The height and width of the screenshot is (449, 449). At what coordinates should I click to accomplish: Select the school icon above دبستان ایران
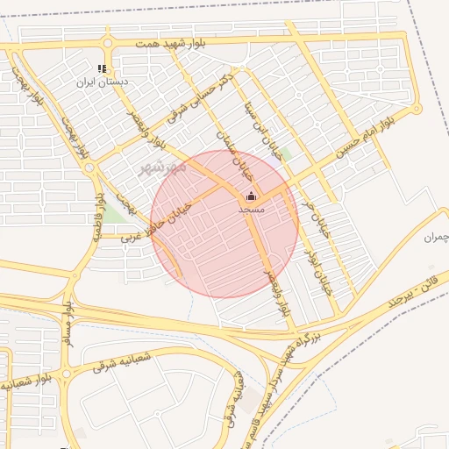(103, 68)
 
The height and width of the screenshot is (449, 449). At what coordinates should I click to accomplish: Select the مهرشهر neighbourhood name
(161, 167)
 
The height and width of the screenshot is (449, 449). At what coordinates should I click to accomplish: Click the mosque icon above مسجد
(251, 197)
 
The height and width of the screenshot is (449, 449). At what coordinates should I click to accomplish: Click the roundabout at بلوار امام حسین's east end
(417, 108)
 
